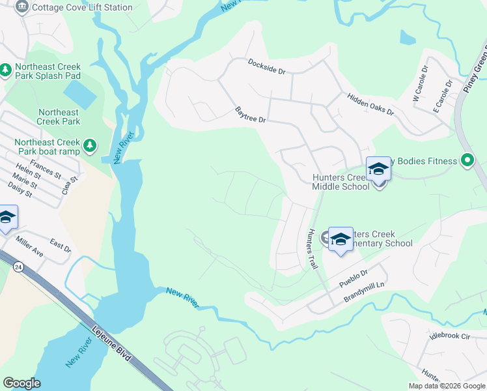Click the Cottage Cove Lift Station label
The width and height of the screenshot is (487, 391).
82,8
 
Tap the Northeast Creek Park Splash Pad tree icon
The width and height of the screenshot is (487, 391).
6,68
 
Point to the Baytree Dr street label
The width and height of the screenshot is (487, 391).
250,115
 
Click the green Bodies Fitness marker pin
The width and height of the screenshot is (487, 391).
466,160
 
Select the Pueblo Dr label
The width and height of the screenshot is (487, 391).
354,280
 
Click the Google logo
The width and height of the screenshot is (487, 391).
21,383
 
